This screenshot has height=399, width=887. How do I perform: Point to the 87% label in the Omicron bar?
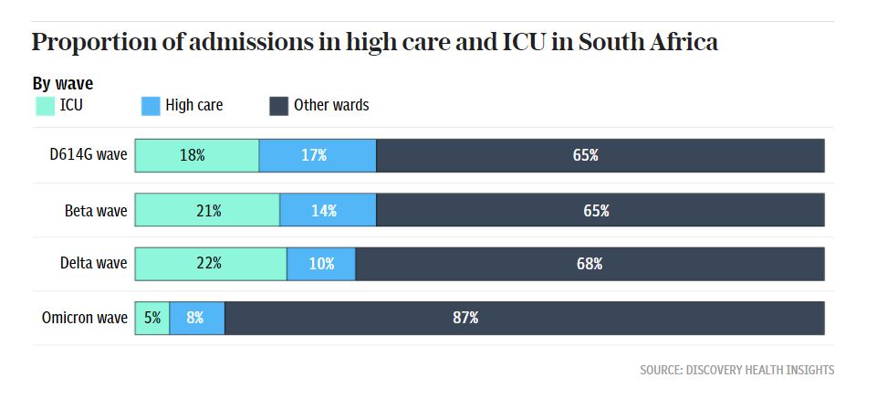click(x=465, y=318)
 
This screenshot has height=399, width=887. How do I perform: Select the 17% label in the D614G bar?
click(x=314, y=155)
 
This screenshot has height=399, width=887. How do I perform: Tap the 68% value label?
click(x=589, y=264)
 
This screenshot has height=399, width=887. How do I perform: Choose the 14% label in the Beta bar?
click(x=324, y=210)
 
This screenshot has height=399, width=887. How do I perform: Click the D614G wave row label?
click(x=89, y=155)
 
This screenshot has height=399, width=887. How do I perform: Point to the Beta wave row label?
click(x=96, y=210)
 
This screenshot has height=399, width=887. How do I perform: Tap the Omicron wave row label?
click(x=85, y=318)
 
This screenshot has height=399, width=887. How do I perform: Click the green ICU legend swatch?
click(x=45, y=106)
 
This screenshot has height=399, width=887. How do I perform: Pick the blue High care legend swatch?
click(x=151, y=106)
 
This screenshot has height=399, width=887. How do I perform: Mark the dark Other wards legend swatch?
click(x=279, y=106)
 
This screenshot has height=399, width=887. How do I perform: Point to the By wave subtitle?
click(x=63, y=84)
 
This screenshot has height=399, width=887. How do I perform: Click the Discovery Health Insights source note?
click(x=736, y=370)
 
